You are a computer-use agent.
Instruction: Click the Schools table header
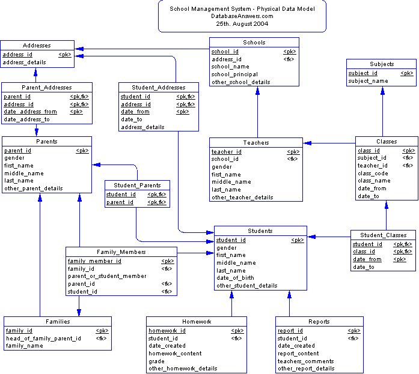254,43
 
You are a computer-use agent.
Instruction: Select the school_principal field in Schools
234,74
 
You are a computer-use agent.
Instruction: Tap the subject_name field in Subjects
368,81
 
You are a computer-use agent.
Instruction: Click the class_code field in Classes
373,173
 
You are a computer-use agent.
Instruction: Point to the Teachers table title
256,143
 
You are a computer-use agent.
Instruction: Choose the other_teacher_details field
242,197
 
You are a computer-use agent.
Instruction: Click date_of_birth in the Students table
235,278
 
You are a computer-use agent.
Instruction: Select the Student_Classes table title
384,235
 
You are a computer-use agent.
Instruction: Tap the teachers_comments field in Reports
305,361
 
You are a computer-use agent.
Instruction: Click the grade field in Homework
156,361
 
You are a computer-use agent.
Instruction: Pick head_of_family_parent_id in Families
43,339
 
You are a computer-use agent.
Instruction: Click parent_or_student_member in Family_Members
107,276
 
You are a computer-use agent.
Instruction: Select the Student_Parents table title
137,185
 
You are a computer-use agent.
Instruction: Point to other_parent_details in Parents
33,189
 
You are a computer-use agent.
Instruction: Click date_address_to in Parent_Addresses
26,119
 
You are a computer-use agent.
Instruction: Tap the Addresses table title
37,46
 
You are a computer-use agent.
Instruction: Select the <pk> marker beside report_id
353,331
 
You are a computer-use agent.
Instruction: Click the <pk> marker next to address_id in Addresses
64,55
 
